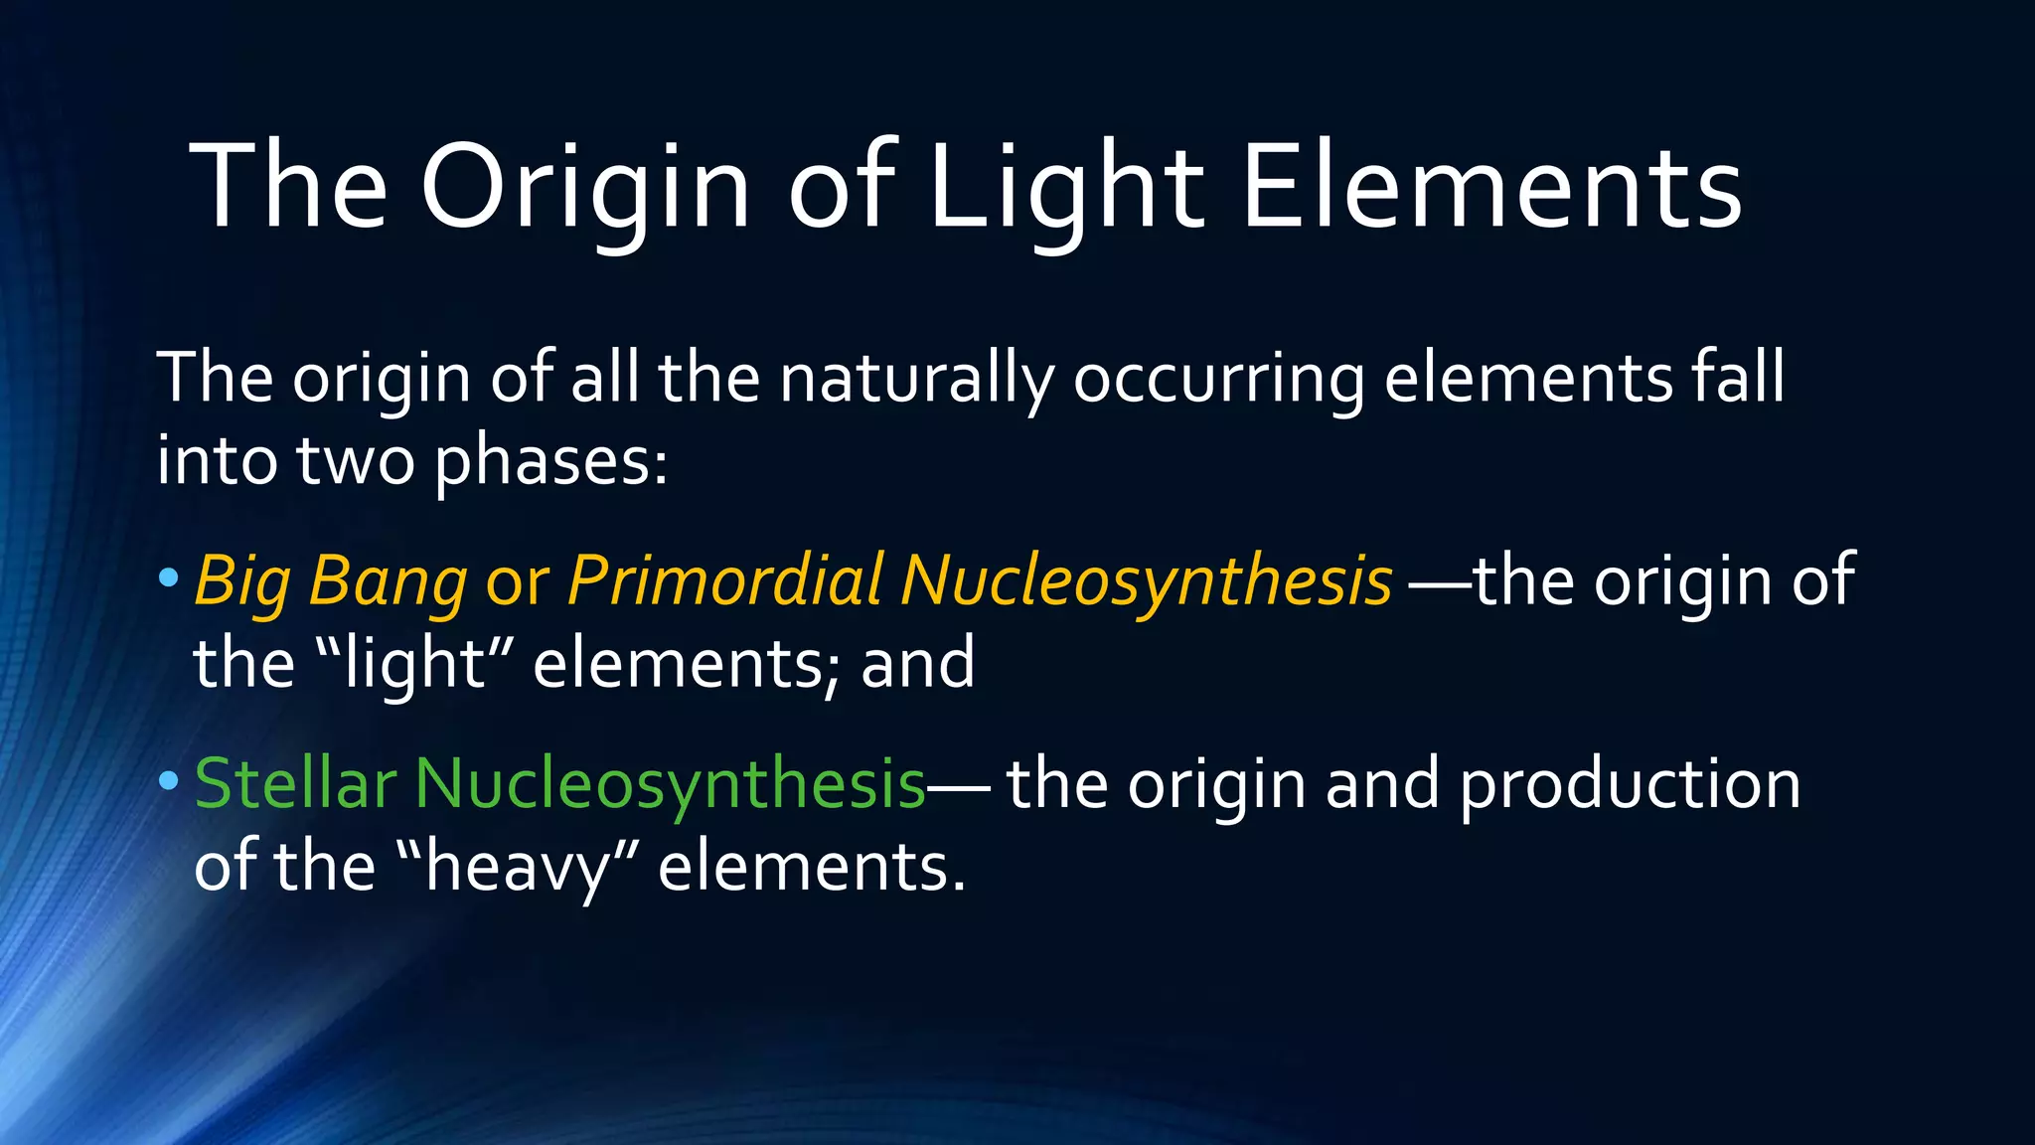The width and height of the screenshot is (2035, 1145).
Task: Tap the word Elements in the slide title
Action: pyautogui.click(x=1491, y=187)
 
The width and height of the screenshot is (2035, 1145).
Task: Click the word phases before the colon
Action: pyautogui.click(x=550, y=462)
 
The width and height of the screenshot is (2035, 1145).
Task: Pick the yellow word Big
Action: pyautogui.click(x=242, y=580)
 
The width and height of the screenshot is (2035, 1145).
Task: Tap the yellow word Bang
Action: pyautogui.click(x=388, y=580)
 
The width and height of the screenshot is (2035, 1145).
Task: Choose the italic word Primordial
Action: pyautogui.click(x=724, y=580)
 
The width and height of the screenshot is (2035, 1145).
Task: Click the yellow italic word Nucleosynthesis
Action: pyautogui.click(x=1146, y=580)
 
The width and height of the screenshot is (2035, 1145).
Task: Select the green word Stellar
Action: pyautogui.click(x=295, y=783)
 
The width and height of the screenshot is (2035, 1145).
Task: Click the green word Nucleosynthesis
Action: pyautogui.click(x=670, y=783)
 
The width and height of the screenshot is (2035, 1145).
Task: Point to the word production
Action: pyautogui.click(x=1630, y=783)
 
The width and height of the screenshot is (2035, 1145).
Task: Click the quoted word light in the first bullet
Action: pyautogui.click(x=412, y=664)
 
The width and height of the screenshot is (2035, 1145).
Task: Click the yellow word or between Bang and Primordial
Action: pyautogui.click(x=517, y=582)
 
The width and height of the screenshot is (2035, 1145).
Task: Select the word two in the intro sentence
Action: pyautogui.click(x=355, y=462)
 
